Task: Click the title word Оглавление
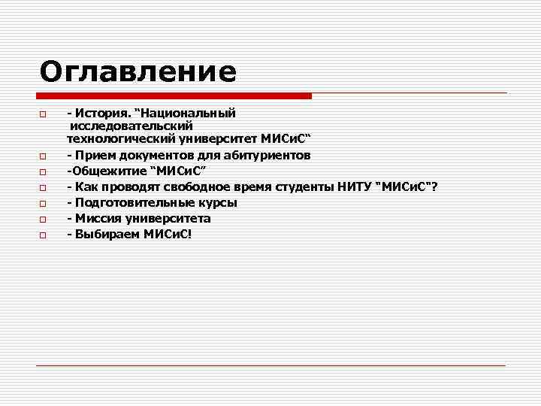(138, 71)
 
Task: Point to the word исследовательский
(131, 126)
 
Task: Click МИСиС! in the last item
(167, 235)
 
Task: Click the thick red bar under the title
(174, 96)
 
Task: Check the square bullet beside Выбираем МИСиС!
(44, 236)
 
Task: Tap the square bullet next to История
(44, 115)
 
